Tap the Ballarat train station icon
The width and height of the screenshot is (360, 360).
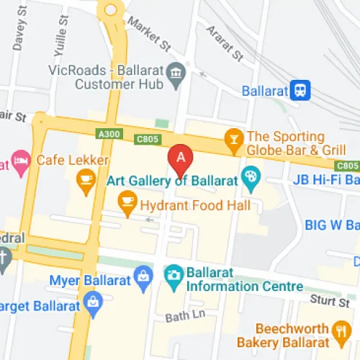click(300, 91)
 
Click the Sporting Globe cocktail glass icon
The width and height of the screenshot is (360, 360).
click(233, 138)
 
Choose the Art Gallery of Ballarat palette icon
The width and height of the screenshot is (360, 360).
click(251, 175)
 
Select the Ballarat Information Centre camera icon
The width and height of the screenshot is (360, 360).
click(174, 274)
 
